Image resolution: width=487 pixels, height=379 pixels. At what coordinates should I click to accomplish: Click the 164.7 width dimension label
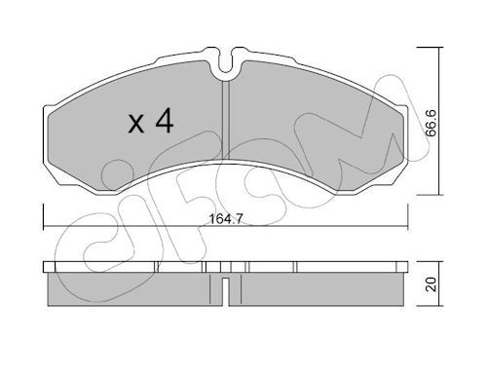pyautogui.click(x=225, y=219)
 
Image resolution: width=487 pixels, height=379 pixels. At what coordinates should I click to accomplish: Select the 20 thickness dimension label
pyautogui.click(x=431, y=284)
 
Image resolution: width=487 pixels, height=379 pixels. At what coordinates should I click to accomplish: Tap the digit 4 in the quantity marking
pyautogui.click(x=165, y=121)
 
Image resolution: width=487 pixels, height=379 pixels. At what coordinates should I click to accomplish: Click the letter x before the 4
pyautogui.click(x=135, y=125)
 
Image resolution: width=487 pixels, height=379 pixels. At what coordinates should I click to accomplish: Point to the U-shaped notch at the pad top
pyautogui.click(x=226, y=63)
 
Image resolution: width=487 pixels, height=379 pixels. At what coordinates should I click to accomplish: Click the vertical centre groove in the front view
pyautogui.click(x=226, y=120)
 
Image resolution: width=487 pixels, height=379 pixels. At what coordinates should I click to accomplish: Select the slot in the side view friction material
pyautogui.click(x=226, y=292)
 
